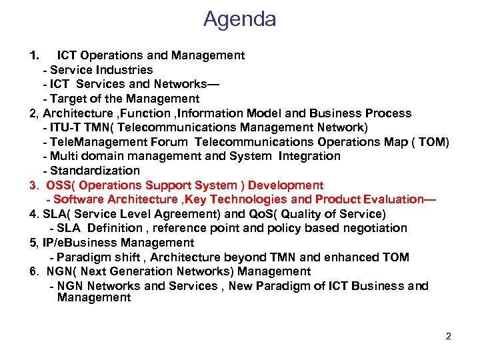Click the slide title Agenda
click(239, 19)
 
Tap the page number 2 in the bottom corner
click(449, 336)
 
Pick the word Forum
click(171, 142)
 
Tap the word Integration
click(309, 156)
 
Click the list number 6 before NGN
click(33, 271)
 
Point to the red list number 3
click(33, 185)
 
